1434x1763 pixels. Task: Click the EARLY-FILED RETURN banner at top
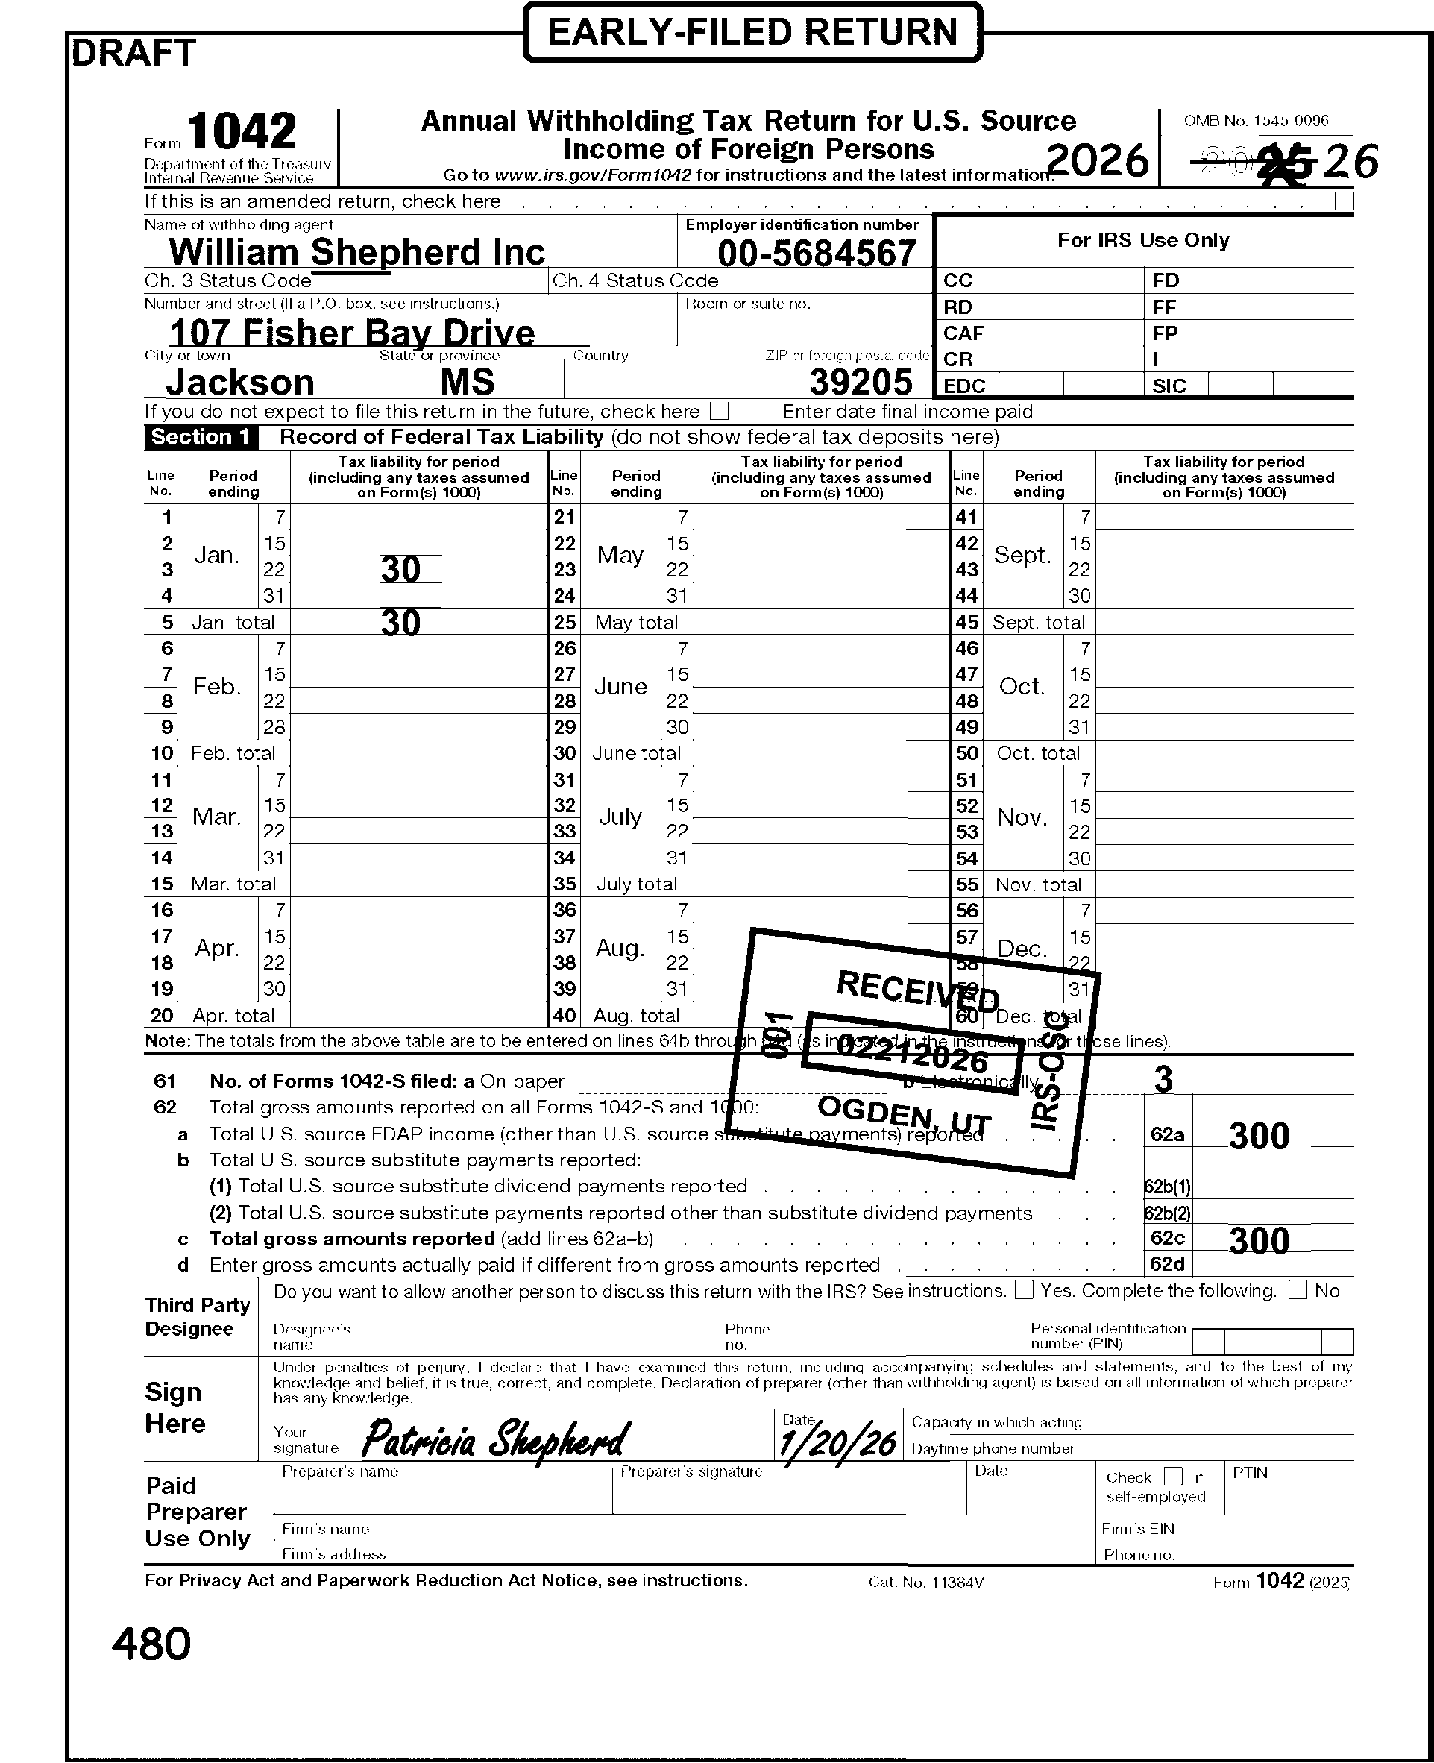(752, 33)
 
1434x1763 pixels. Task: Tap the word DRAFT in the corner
(133, 53)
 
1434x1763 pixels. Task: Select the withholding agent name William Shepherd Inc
(357, 252)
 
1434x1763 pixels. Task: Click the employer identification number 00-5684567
(816, 253)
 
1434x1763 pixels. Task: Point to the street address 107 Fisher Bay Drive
(353, 332)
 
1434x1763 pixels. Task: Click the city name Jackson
(240, 382)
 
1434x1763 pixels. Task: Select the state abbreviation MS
(468, 382)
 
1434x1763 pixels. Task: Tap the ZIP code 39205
(861, 382)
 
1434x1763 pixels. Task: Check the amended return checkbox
(1344, 201)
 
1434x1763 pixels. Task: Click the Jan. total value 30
(400, 622)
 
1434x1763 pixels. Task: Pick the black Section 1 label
(201, 437)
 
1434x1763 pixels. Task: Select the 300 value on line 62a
(1259, 1136)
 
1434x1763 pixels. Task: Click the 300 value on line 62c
(1259, 1241)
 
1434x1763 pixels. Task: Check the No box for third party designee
(1298, 1289)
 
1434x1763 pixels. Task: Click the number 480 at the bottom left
(151, 1643)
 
